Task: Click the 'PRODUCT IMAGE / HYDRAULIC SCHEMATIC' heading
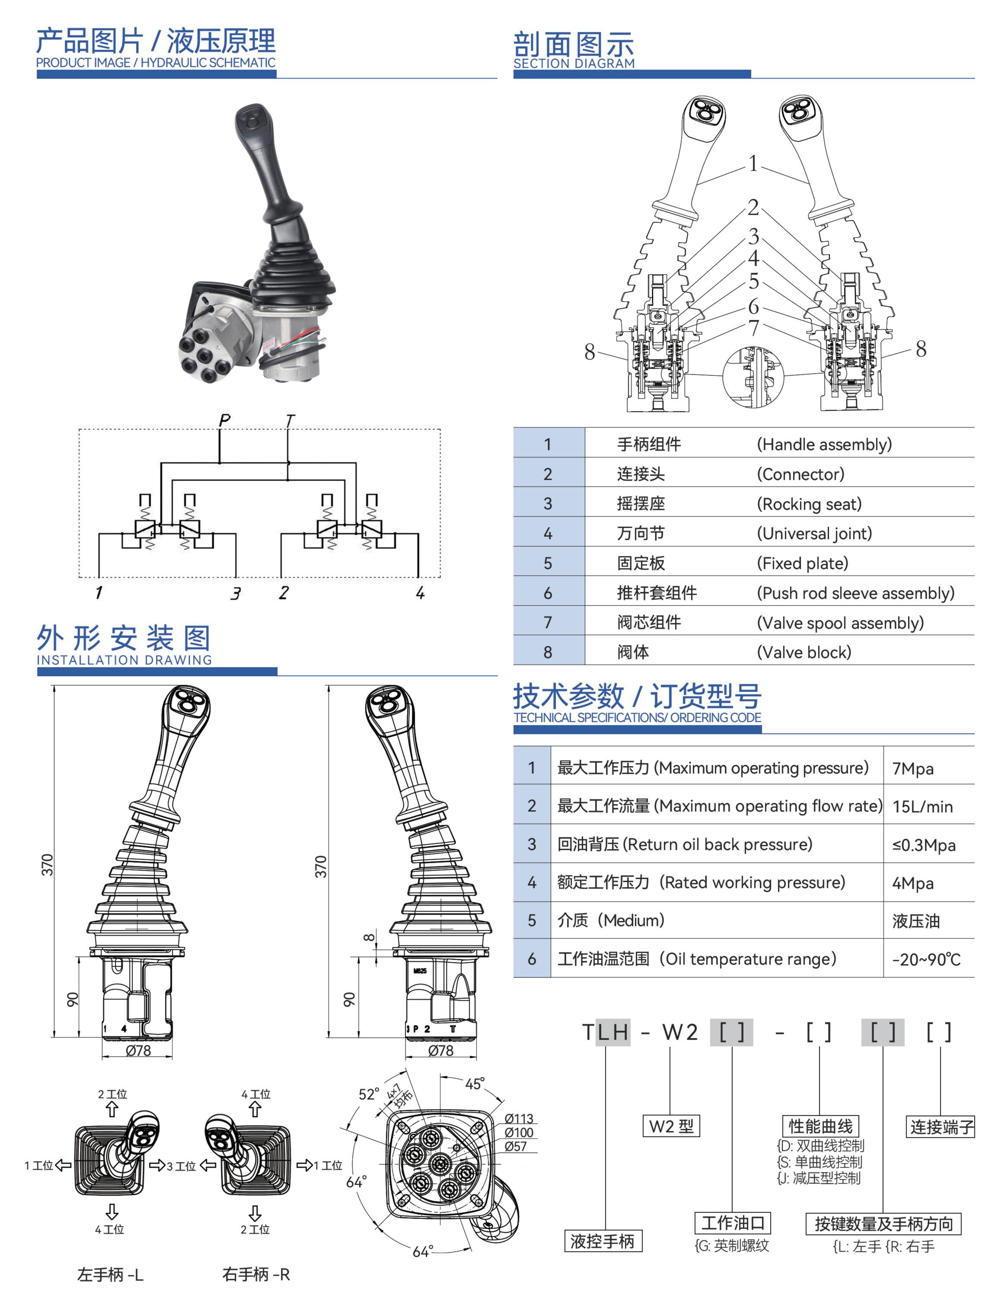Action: [x=156, y=63]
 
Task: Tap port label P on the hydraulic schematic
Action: [x=224, y=420]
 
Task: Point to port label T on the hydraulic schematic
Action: [x=289, y=420]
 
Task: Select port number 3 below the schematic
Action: [x=236, y=593]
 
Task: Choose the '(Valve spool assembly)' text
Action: [x=840, y=623]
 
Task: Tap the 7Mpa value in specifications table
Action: [x=912, y=768]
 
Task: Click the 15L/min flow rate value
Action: [x=922, y=806]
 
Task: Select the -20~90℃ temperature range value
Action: [x=926, y=959]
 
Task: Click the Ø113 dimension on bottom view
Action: [x=519, y=1118]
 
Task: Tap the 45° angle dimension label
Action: [x=475, y=1083]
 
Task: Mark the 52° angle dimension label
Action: [x=369, y=1094]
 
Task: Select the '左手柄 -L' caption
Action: [x=110, y=1275]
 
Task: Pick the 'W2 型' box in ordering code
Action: [x=671, y=1126]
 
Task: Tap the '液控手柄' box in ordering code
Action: [x=602, y=1241]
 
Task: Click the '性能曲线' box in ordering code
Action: [x=820, y=1126]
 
